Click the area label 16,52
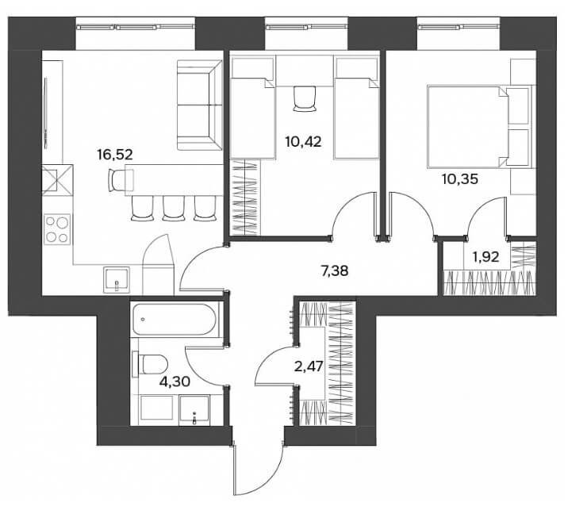click(115, 155)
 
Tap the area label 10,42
click(303, 141)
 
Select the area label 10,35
click(460, 178)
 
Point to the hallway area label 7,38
click(335, 270)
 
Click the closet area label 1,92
click(485, 257)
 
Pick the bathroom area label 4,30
click(175, 381)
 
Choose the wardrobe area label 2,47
click(309, 366)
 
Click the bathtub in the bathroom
click(175, 320)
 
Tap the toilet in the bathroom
click(151, 364)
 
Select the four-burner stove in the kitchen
click(57, 229)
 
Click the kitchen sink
click(117, 280)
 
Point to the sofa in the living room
click(200, 105)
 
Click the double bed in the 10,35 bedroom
click(480, 126)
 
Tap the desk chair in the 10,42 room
click(305, 98)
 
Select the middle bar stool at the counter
click(174, 209)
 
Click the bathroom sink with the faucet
click(194, 410)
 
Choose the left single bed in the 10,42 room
click(253, 108)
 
